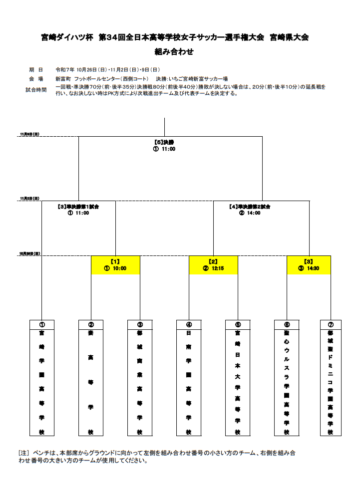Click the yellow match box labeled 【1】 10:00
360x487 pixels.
tap(115, 264)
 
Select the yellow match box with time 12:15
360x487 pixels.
tap(213, 264)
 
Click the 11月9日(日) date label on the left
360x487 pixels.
tap(29, 134)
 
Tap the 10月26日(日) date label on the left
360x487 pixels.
tap(29, 253)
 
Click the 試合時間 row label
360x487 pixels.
tap(36, 90)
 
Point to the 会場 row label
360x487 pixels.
tap(36, 79)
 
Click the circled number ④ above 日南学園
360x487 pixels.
tap(189, 324)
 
